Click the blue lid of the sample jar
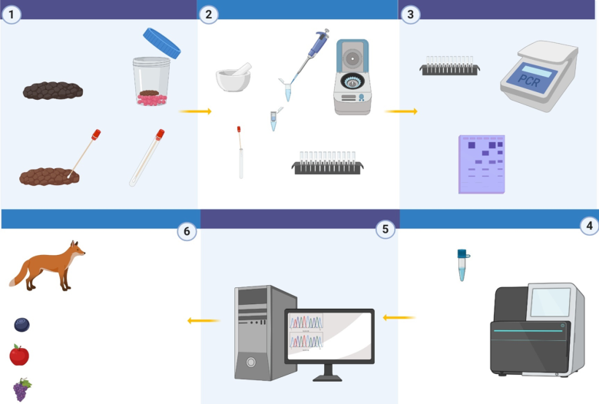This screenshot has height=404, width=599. pos(161,42)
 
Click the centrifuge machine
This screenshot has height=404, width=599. pos(352,77)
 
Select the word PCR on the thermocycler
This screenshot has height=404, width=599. pos(529,80)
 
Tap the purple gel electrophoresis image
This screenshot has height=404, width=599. pos(482,164)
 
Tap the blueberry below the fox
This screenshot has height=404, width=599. pos(22,325)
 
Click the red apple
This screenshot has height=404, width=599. pos(19,355)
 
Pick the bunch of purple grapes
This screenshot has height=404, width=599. pos(22,389)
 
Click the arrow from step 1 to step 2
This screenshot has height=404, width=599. pos(196,111)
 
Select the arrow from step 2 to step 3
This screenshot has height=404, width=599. pos(401,111)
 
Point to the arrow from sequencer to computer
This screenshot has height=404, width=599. pos(399,316)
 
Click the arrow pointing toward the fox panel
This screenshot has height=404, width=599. pos(203,320)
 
